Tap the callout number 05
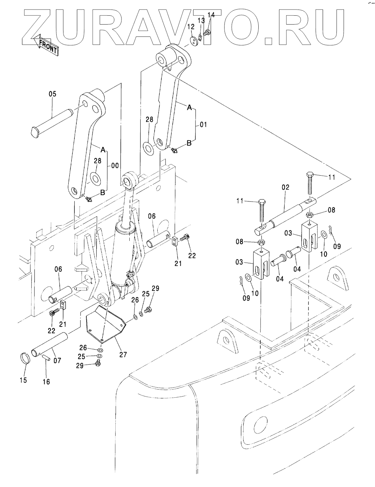pyautogui.click(x=53, y=94)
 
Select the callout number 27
pyautogui.click(x=123, y=355)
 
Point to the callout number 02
pyautogui.click(x=286, y=187)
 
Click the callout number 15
pyautogui.click(x=23, y=380)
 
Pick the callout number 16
pyautogui.click(x=46, y=382)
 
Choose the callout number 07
pyautogui.click(x=57, y=360)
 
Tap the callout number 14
pyautogui.click(x=211, y=15)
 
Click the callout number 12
pyautogui.click(x=191, y=27)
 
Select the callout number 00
pyautogui.click(x=115, y=166)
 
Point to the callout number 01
pyautogui.click(x=203, y=124)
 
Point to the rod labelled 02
pyautogui.click(x=286, y=216)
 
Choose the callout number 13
pyautogui.click(x=201, y=20)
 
